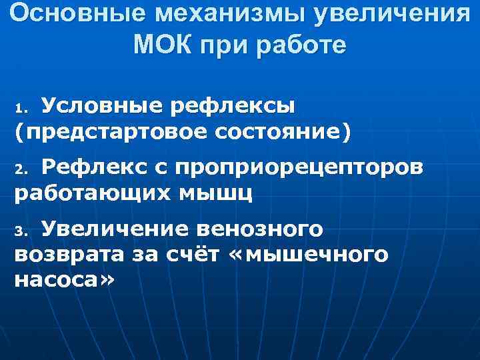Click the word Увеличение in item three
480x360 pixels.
pyautogui.click(x=116, y=229)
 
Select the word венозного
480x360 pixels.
pyautogui.click(x=261, y=229)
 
